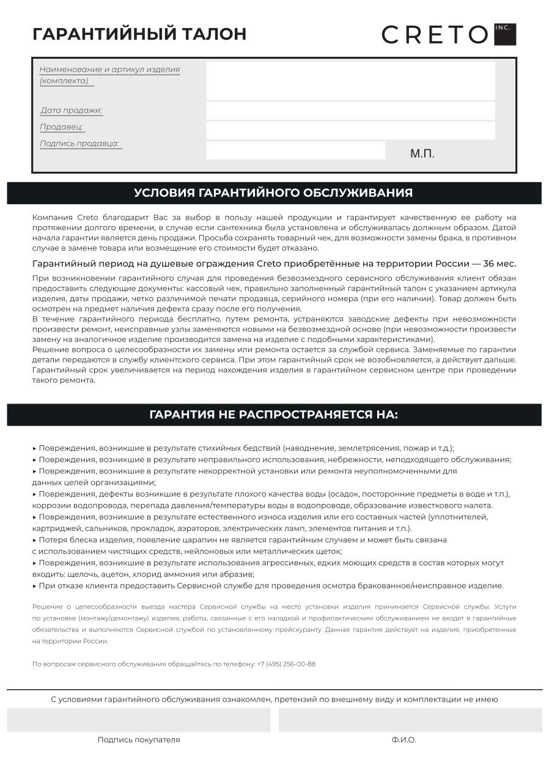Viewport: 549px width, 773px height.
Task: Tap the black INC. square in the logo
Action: [x=505, y=34]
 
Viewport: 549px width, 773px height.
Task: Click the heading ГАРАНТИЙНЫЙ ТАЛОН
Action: [x=139, y=34]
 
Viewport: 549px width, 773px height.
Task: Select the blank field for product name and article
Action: [x=350, y=81]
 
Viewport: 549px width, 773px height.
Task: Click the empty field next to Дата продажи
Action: [x=350, y=111]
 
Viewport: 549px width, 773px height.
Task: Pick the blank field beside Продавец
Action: [x=350, y=130]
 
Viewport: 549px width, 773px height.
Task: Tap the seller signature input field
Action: [x=295, y=150]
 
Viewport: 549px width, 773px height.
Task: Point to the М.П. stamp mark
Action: [x=422, y=153]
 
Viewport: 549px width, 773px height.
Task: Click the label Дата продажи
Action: [x=71, y=111]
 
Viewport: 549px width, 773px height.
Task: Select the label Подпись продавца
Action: [x=79, y=144]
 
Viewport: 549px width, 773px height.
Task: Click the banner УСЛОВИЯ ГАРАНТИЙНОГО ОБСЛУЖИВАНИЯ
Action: [x=274, y=193]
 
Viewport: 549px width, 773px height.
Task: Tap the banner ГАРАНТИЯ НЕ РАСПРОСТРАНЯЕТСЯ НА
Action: [x=274, y=415]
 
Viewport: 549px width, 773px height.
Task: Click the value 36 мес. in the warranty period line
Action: [x=499, y=264]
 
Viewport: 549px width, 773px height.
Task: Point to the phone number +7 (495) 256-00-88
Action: [x=286, y=664]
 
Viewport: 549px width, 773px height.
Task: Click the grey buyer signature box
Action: [x=139, y=720]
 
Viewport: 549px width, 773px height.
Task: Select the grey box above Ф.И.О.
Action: [x=410, y=720]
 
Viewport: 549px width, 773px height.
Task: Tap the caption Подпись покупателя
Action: [x=139, y=740]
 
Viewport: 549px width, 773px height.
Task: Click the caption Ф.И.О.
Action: [x=404, y=740]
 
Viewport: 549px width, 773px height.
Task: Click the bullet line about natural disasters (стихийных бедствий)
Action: [x=245, y=448]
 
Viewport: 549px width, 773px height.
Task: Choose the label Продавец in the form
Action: [x=61, y=127]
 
